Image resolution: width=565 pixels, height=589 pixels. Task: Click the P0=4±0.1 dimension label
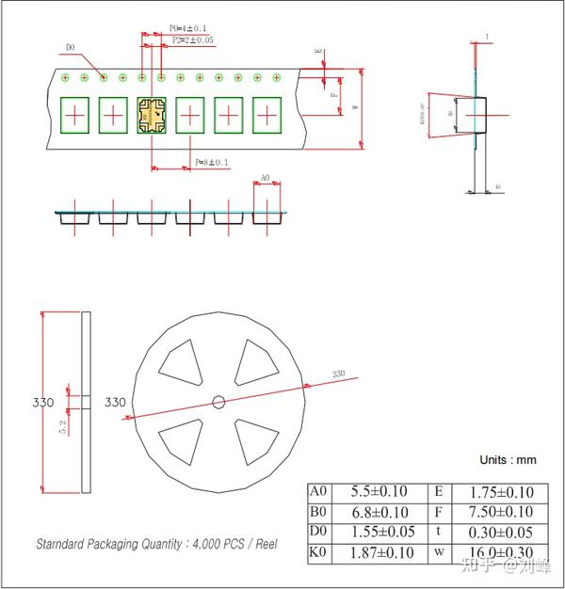click(188, 28)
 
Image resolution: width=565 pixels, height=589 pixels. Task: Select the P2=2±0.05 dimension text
click(192, 40)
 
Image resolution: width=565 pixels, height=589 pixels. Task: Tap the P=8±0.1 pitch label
click(211, 163)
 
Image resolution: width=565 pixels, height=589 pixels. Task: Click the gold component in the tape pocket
click(151, 116)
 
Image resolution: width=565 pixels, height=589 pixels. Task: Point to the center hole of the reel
click(218, 402)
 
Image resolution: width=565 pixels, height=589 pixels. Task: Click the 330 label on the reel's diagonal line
click(338, 374)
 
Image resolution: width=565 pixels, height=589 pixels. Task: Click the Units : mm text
click(508, 460)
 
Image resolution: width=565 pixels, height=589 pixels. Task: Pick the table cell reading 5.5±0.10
click(379, 491)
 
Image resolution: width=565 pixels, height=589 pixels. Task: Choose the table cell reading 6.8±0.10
click(379, 512)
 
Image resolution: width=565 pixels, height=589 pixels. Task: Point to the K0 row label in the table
click(319, 553)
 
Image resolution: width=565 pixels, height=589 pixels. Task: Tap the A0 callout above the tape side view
click(265, 177)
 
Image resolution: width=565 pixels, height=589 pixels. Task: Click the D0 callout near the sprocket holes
click(72, 46)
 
